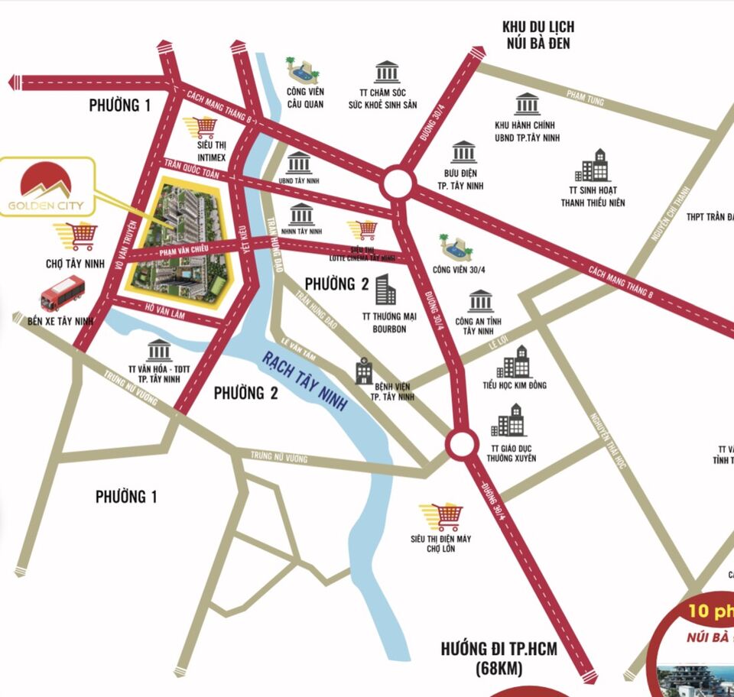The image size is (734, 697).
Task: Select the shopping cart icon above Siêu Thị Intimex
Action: pos(204,127)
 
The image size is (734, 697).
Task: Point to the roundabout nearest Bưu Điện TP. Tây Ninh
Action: pos(398,183)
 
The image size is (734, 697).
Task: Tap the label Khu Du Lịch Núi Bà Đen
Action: pos(538,35)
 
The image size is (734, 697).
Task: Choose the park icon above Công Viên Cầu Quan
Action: pos(302,71)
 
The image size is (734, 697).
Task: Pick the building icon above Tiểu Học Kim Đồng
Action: pos(515,361)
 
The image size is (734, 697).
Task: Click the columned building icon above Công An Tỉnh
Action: pos(481,301)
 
